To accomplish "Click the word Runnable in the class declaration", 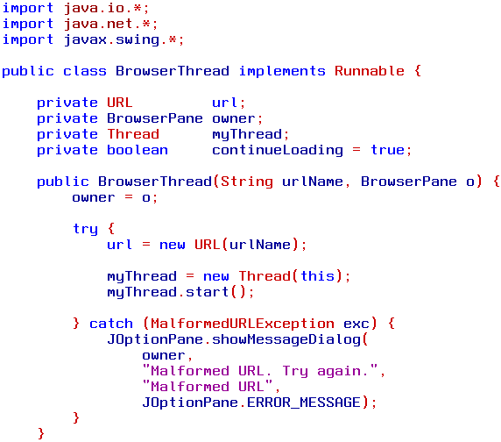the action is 370,71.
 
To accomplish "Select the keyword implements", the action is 282,72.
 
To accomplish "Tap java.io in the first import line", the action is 95,8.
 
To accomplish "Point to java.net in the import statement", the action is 98,24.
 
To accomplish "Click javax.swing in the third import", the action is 111,40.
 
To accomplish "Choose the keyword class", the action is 85,71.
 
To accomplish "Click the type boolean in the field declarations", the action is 138,150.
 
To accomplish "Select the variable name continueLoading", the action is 278,151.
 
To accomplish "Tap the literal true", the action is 387,150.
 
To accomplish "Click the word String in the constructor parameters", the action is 247,182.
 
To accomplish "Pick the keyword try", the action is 85,229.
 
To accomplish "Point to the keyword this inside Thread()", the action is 318,275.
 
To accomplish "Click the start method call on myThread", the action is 207,292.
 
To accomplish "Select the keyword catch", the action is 111,324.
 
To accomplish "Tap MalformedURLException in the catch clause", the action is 243,324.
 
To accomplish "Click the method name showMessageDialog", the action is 286,339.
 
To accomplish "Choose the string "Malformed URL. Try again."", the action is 260,371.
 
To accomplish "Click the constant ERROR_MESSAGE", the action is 304,403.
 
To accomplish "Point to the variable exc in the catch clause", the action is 356,324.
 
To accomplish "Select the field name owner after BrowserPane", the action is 234,118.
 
